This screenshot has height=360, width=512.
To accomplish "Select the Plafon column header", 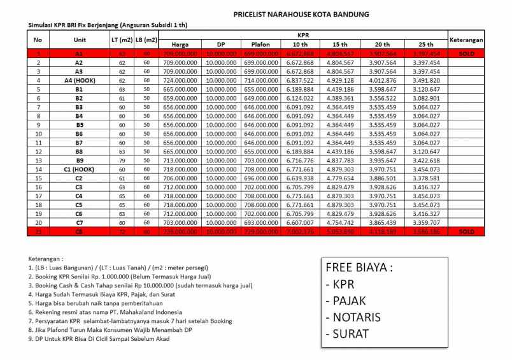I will point(260,45).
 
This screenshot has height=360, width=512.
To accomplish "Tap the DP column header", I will point(221,45).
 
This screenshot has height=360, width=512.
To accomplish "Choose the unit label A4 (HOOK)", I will point(78,81).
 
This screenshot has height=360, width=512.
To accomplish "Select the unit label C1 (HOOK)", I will point(78,170).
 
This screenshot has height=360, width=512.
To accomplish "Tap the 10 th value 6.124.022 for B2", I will point(299,99).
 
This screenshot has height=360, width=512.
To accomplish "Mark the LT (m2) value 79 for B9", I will point(122,161).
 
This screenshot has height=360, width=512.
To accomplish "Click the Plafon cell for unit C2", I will point(260,179).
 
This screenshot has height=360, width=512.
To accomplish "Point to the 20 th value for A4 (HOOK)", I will point(386,81).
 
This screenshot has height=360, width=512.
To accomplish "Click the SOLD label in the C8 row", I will point(466,232).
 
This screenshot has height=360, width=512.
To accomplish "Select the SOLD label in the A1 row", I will point(466,54).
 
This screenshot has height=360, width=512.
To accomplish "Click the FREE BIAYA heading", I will point(359,268).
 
